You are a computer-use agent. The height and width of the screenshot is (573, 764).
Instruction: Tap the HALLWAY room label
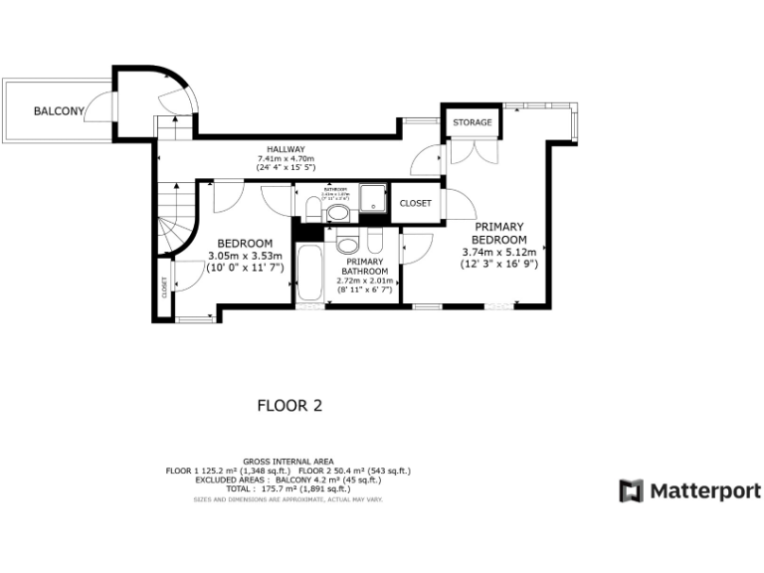click(286, 149)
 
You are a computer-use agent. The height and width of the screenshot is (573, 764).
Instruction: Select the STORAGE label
click(473, 122)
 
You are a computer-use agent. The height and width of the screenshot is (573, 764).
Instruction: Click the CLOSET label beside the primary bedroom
click(416, 203)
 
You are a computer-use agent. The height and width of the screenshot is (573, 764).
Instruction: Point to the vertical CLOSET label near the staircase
click(165, 286)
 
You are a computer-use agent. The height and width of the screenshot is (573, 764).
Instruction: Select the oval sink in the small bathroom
click(337, 212)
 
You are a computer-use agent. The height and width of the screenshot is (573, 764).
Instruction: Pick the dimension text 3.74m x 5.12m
click(498, 253)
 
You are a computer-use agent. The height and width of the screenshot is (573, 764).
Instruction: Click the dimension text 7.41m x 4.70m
click(286, 159)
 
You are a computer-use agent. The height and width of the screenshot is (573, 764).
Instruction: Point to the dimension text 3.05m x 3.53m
click(245, 257)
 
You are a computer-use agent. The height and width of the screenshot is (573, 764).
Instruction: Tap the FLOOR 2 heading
click(289, 406)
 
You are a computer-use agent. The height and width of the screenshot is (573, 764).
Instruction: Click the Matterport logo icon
click(631, 490)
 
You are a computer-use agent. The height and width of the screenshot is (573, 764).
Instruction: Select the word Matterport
click(706, 490)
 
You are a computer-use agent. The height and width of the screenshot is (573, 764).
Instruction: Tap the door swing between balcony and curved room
click(99, 107)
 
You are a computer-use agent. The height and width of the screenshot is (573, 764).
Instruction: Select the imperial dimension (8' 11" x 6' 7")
click(366, 289)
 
